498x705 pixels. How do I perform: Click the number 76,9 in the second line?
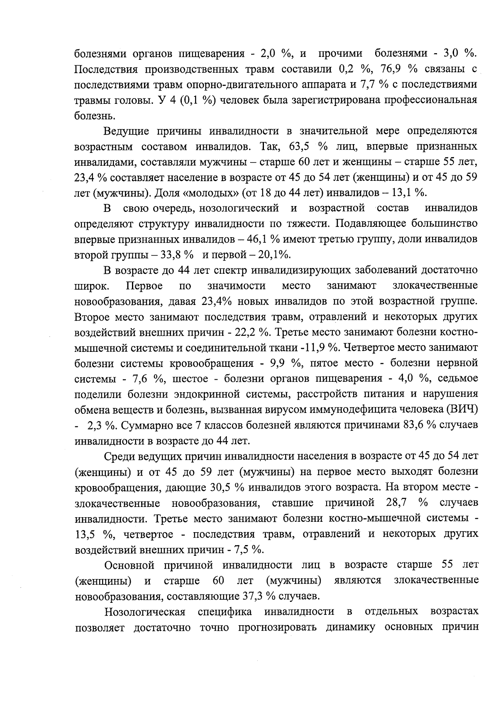coord(390,69)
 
